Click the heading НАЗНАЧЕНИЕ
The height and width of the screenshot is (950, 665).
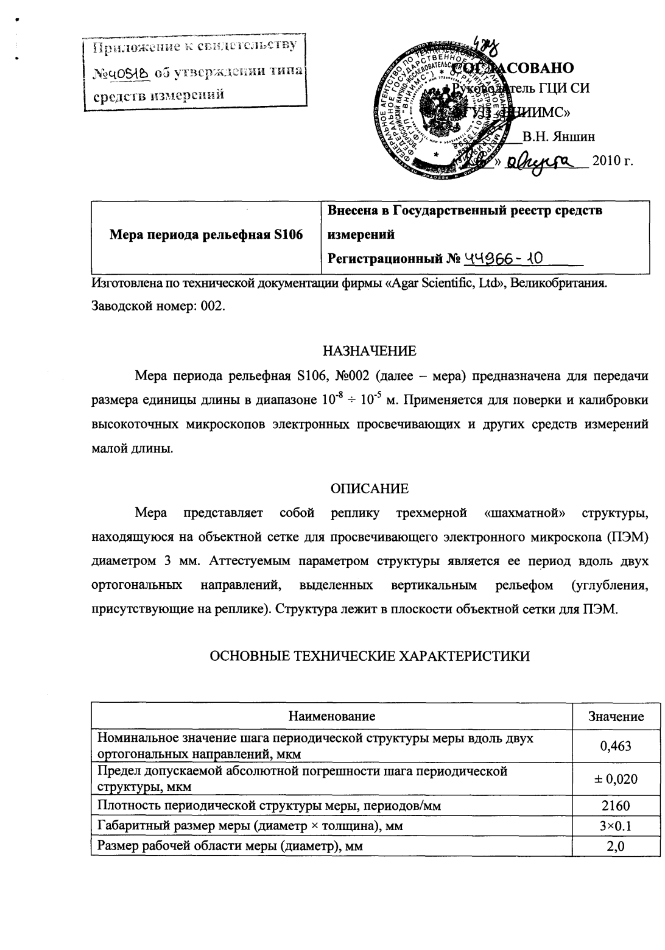click(370, 351)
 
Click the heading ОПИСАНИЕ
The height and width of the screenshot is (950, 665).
click(370, 488)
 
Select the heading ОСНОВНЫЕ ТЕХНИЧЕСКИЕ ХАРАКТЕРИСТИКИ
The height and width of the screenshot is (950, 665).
click(370, 655)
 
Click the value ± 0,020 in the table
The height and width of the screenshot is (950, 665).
click(616, 778)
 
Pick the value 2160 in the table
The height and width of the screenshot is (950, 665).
click(616, 806)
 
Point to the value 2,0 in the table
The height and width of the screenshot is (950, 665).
click(616, 846)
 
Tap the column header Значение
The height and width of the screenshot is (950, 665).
click(616, 716)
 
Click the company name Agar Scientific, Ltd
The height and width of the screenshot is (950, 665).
click(442, 284)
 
